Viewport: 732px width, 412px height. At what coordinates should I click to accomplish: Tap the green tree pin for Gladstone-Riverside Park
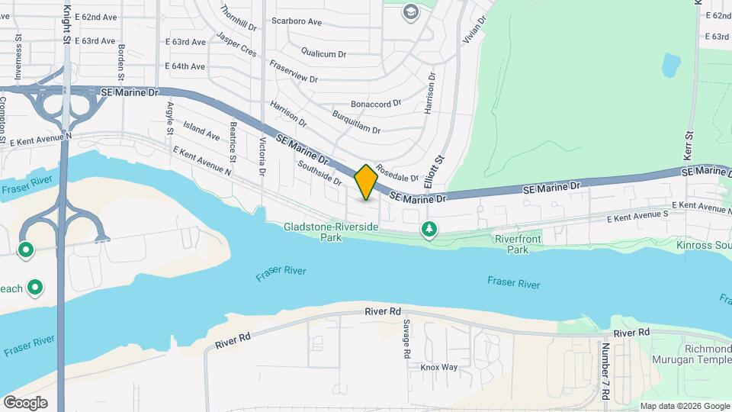pyautogui.click(x=430, y=229)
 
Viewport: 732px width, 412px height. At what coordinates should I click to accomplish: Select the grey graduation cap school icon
pyautogui.click(x=411, y=12)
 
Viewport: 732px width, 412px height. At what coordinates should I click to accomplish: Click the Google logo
pyautogui.click(x=25, y=403)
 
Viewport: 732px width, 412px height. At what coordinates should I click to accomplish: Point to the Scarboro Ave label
pyautogui.click(x=297, y=21)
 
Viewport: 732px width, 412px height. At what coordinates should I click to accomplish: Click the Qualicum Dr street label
pyautogui.click(x=324, y=53)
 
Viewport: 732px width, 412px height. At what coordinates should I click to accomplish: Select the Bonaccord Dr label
pyautogui.click(x=375, y=104)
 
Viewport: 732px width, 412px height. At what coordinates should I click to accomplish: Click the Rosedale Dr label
pyautogui.click(x=397, y=175)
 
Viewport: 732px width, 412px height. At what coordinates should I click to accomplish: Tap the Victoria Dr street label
pyautogui.click(x=262, y=156)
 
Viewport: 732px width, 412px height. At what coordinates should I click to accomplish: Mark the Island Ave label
pyautogui.click(x=201, y=134)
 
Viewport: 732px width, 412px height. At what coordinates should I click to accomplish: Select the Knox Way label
pyautogui.click(x=439, y=367)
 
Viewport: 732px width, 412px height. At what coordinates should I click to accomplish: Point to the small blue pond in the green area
pyautogui.click(x=670, y=66)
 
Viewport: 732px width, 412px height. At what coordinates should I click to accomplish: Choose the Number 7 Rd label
pyautogui.click(x=605, y=372)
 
